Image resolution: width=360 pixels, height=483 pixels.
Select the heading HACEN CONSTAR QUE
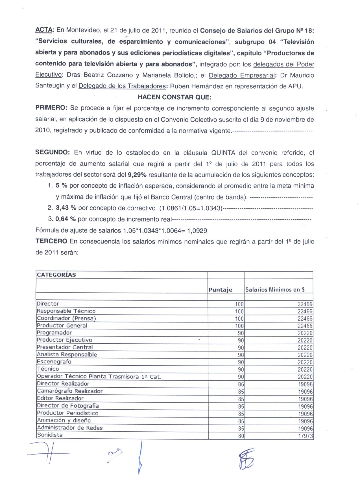click(174, 97)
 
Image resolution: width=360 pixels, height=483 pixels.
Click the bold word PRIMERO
click(51, 108)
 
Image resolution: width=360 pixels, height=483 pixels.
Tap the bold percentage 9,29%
click(137, 175)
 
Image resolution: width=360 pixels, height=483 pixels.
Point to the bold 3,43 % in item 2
click(66, 208)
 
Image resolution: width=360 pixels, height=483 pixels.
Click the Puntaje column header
click(220, 290)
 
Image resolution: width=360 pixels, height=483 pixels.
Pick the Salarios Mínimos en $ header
click(275, 290)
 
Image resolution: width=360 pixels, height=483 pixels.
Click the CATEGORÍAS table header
click(56, 275)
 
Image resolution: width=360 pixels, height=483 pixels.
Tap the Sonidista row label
click(50, 435)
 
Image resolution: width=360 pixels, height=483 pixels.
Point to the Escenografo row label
click(54, 362)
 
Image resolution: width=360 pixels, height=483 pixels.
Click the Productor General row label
click(62, 326)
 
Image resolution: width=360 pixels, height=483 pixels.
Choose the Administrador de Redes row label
click(70, 428)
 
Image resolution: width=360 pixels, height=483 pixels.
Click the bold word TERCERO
click(51, 242)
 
